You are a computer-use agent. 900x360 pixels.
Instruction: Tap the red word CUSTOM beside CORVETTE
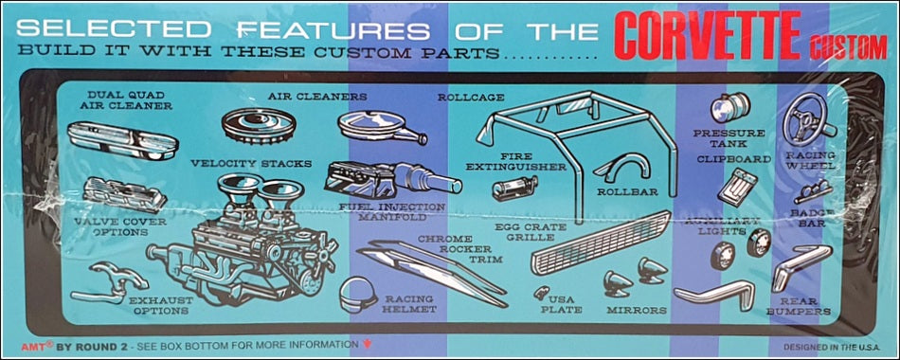(x=848, y=46)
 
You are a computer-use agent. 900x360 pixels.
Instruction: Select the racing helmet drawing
(x=357, y=296)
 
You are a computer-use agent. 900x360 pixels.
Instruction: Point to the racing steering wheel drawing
(x=809, y=119)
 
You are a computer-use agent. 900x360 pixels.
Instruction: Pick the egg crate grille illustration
(x=601, y=243)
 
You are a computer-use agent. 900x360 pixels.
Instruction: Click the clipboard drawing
(x=738, y=188)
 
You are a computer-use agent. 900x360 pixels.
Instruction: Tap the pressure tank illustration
(x=729, y=107)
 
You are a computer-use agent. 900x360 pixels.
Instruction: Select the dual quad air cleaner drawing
(x=122, y=140)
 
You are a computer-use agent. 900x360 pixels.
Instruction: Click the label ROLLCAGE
(x=471, y=98)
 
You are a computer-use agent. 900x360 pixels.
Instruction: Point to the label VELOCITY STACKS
(x=251, y=164)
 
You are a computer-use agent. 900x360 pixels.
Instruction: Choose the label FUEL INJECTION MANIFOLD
(x=392, y=212)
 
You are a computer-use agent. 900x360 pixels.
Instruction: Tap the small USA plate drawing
(x=541, y=292)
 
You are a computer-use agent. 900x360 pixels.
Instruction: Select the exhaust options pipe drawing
(x=109, y=282)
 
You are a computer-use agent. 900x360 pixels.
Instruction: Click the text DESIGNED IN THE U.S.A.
(x=827, y=348)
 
